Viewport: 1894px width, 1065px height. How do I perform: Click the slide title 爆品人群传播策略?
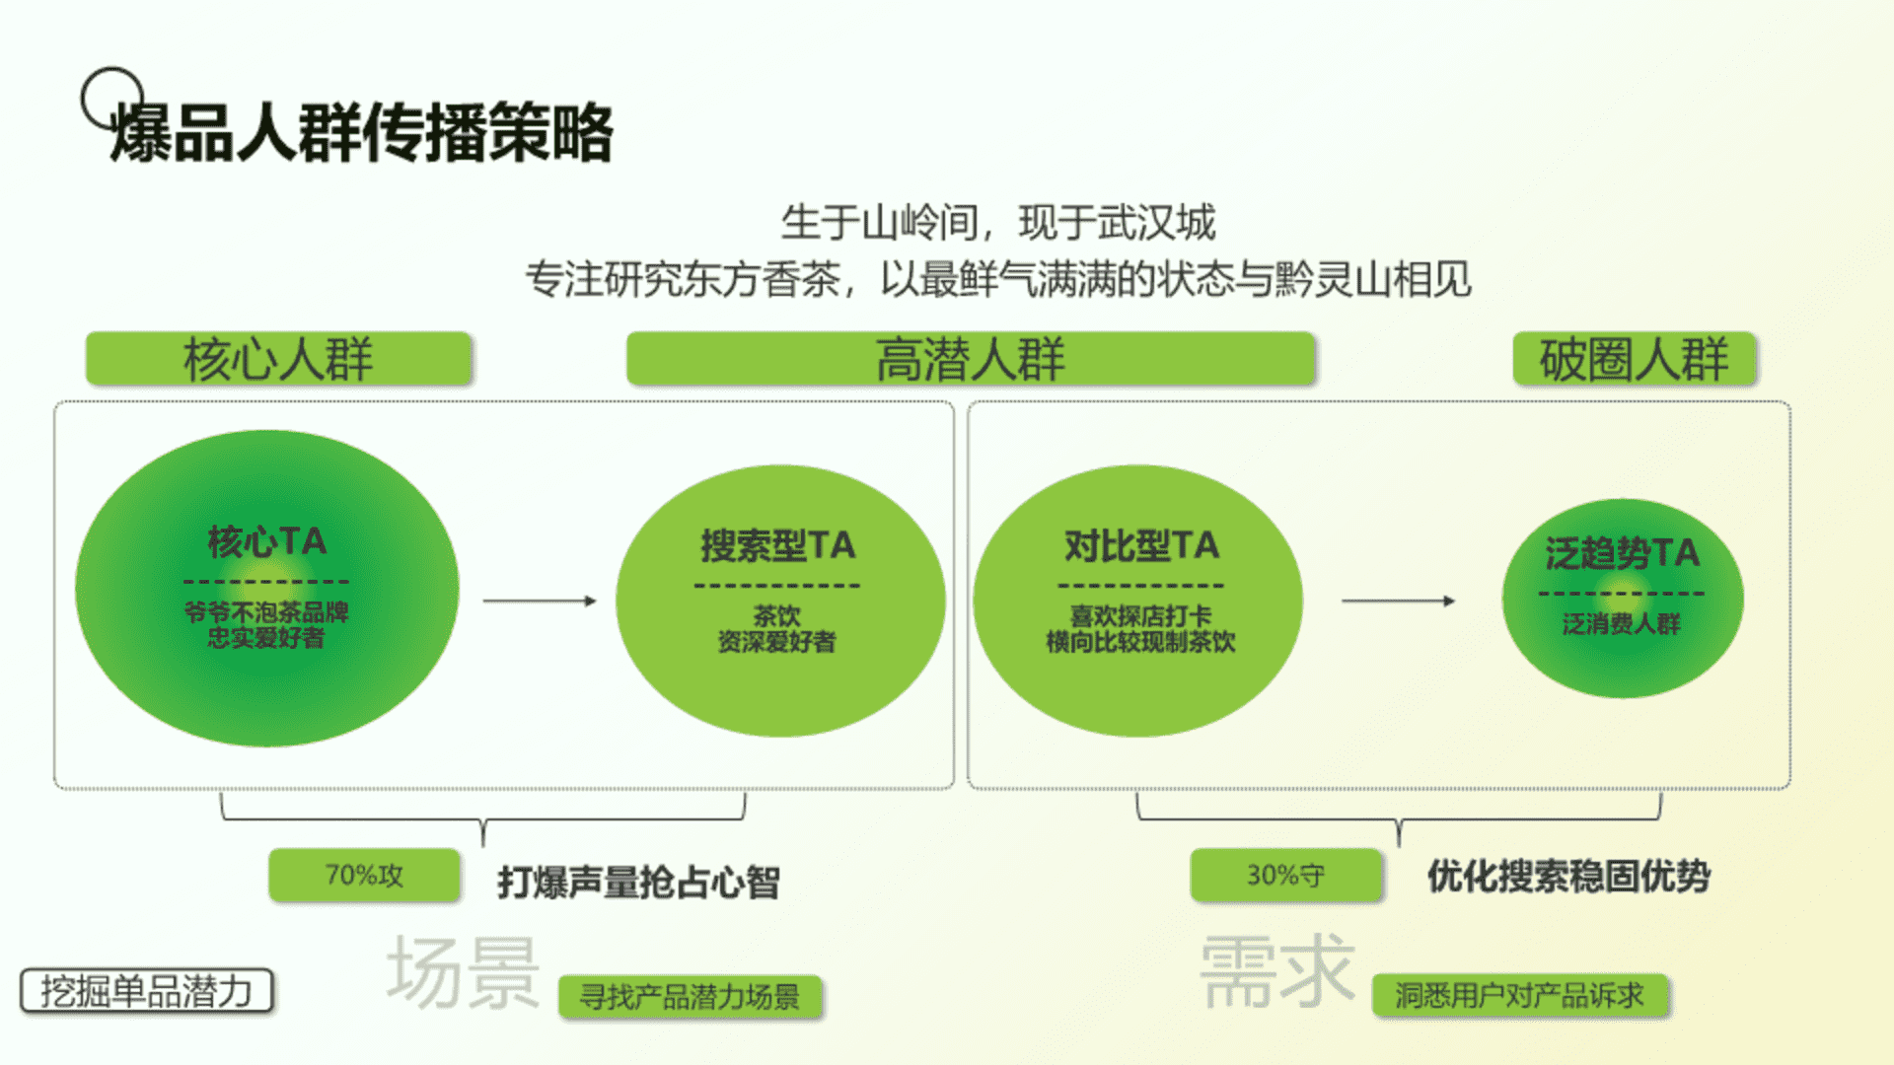point(361,131)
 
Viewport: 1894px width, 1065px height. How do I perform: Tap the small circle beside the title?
point(112,99)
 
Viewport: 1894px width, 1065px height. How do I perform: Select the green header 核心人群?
point(278,358)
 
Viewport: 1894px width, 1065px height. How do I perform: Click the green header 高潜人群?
point(971,358)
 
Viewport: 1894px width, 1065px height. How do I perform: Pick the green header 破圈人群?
point(1635,358)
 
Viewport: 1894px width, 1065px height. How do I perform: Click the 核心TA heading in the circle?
point(266,541)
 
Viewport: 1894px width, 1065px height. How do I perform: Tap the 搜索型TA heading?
point(777,545)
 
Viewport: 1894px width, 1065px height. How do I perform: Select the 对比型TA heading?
point(1141,545)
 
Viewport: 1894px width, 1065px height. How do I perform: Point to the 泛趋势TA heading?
point(1623,553)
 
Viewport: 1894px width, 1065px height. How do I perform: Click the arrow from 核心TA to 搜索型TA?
point(540,601)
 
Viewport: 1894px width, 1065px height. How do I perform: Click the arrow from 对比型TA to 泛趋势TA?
point(1399,601)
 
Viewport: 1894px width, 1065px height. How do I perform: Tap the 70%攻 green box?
point(364,875)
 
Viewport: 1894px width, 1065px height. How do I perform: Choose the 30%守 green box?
point(1285,875)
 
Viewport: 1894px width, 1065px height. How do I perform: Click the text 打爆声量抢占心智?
point(638,882)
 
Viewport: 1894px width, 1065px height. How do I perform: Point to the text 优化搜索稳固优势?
point(1568,876)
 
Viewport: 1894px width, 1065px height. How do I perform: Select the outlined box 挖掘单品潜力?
point(146,991)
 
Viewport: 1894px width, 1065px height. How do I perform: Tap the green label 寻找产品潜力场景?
point(690,997)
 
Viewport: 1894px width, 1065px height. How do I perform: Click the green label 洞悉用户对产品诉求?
point(1520,996)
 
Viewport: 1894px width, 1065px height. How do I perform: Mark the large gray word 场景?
point(464,972)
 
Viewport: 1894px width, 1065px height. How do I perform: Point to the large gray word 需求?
point(1277,971)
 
